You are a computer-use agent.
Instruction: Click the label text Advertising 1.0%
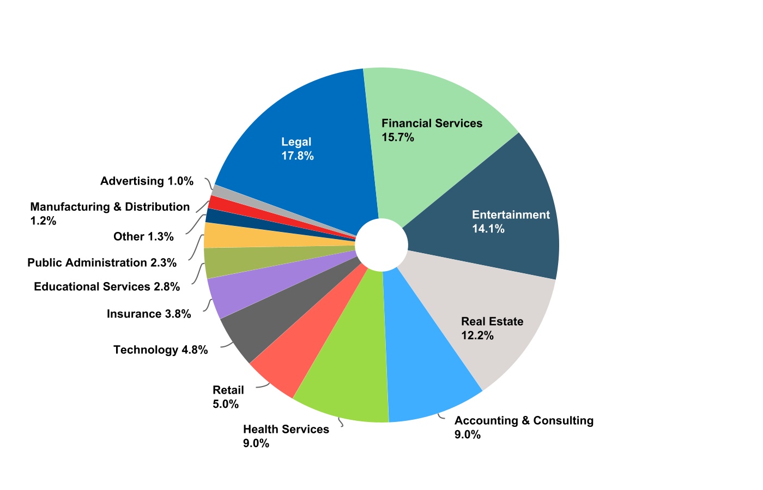tap(147, 181)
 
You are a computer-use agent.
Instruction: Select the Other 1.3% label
tap(143, 236)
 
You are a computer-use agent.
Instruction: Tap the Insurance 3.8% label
tap(149, 314)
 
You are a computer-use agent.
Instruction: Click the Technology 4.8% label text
tap(160, 350)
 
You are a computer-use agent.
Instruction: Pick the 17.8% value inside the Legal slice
tap(297, 156)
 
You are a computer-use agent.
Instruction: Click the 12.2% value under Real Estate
tap(477, 335)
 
